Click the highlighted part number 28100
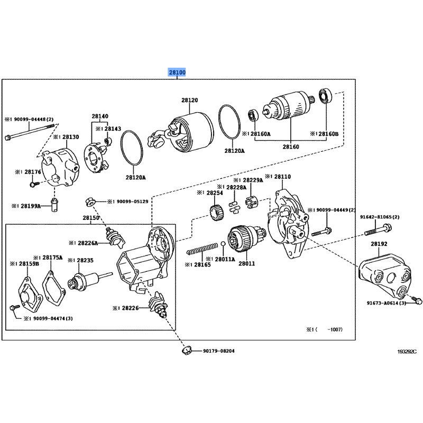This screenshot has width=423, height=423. point(177,72)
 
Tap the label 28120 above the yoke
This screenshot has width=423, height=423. point(189,100)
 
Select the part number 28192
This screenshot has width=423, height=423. point(379,244)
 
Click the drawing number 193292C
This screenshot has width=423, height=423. point(407,351)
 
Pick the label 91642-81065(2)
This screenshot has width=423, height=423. point(380,217)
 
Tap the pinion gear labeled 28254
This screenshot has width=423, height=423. point(215,215)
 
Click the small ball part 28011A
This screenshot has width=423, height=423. point(224,244)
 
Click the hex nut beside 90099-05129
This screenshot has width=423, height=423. point(90,201)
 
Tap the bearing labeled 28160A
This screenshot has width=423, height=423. point(254,114)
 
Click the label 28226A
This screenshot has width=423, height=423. point(86,243)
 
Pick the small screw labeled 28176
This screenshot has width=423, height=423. point(33,184)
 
